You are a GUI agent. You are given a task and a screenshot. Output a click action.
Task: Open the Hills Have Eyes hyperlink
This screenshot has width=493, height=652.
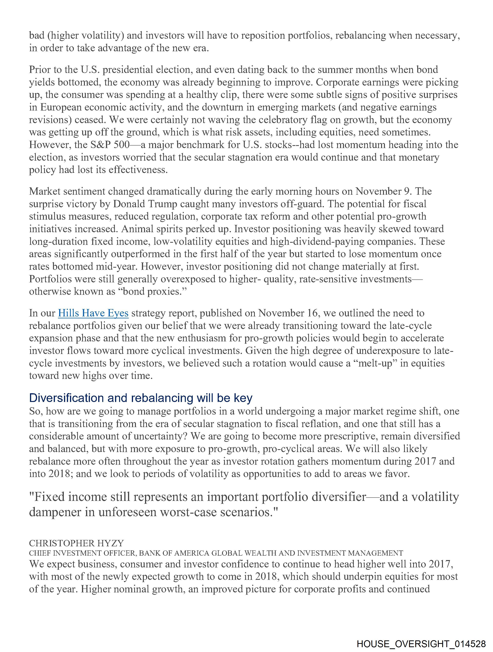pyautogui.click(x=93, y=313)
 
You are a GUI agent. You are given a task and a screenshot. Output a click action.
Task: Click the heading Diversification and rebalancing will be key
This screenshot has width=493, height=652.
pyautogui.click(x=141, y=398)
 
